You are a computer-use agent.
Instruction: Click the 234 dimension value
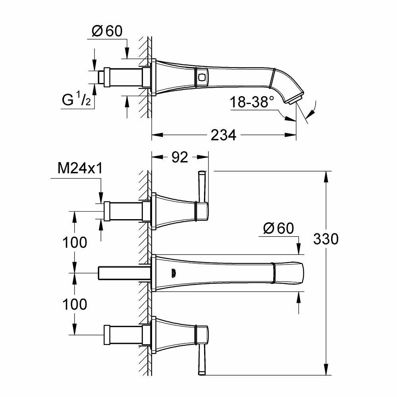coord(224,135)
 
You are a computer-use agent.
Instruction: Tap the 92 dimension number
coord(180,158)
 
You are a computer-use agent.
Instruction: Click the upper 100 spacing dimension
coord(75,242)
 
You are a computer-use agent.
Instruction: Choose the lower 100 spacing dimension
coord(75,304)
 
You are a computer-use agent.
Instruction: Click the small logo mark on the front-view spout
coord(173,273)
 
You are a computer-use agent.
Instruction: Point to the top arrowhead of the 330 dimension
coord(327,175)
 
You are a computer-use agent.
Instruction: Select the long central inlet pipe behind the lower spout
coord(123,273)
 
